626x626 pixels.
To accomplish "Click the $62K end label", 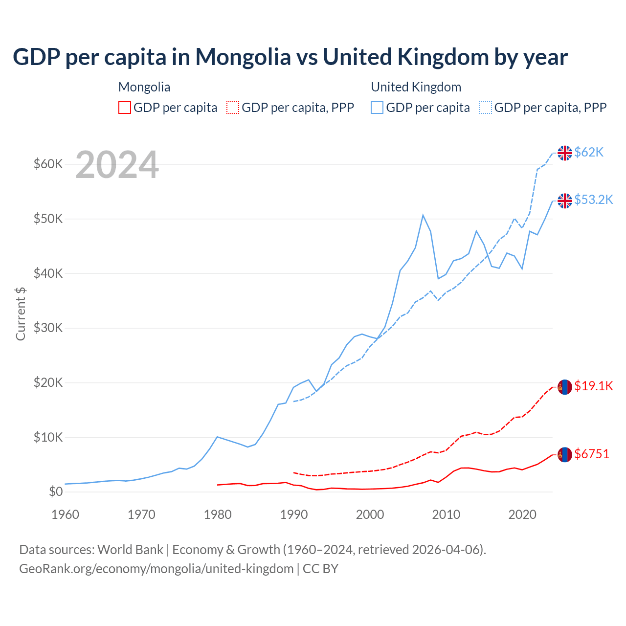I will tap(589, 153).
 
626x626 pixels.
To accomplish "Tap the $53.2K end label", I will tap(593, 200).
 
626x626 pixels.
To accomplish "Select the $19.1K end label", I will tap(593, 386).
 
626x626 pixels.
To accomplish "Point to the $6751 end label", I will tap(592, 454).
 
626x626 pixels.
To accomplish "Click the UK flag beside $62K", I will tap(565, 153).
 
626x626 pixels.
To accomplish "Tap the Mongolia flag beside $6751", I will tap(565, 455).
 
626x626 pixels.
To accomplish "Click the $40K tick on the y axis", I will tap(48, 273).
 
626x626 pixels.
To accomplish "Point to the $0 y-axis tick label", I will tap(56, 492).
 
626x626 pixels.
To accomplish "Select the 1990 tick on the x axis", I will tap(294, 514).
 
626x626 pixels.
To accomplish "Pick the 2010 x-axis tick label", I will tap(446, 514).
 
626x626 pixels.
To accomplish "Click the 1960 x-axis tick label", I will tap(66, 514).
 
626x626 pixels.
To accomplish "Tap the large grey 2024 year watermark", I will tap(117, 165).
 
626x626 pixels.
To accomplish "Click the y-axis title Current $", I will tap(21, 313).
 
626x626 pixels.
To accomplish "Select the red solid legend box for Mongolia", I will tap(125, 108).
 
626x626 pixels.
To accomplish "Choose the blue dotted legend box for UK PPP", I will tap(486, 108).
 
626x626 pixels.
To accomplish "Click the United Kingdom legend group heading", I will tap(416, 87).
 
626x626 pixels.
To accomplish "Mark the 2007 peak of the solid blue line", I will tap(423, 215).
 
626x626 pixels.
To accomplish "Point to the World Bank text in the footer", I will tap(130, 550).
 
